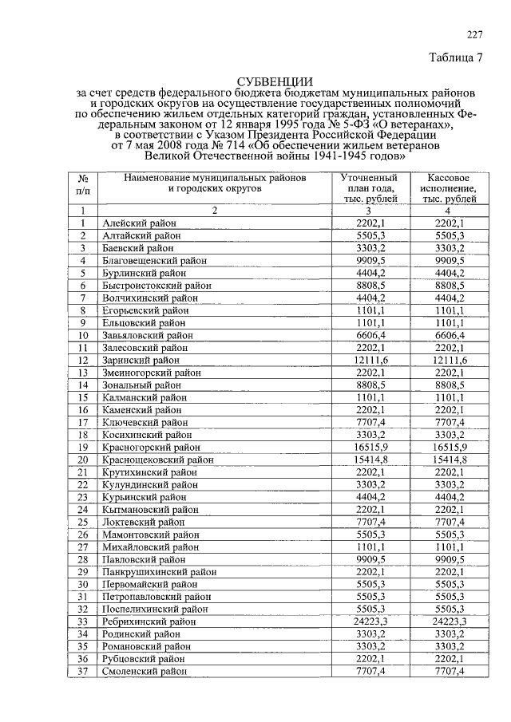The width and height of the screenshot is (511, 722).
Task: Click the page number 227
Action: (474, 34)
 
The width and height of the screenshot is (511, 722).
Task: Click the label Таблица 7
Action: (457, 58)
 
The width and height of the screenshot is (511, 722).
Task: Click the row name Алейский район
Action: (139, 223)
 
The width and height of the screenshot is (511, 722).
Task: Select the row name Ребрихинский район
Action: (149, 621)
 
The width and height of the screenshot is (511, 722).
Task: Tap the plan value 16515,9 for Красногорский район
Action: (370, 448)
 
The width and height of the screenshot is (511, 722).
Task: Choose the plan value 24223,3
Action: (370, 621)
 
